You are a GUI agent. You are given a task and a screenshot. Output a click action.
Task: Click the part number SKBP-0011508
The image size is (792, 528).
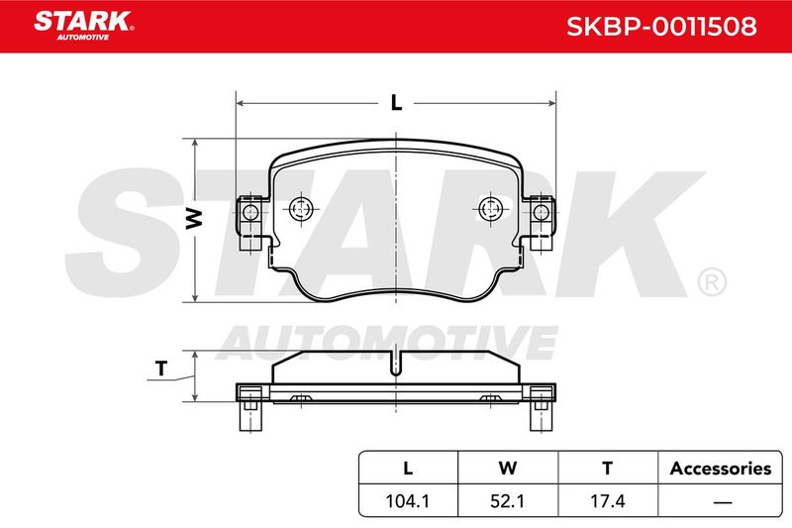tap(661, 27)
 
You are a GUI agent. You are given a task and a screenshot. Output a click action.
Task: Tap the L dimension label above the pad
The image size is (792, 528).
tap(397, 103)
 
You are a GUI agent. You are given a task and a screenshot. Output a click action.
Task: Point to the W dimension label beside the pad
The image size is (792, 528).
tap(194, 218)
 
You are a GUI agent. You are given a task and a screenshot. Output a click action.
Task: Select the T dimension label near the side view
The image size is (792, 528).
tap(161, 369)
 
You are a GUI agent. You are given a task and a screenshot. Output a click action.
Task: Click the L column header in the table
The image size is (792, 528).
tap(408, 468)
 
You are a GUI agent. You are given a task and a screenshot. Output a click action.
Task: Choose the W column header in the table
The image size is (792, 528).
tap(508, 468)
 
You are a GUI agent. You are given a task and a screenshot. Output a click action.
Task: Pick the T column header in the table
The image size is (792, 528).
tap(608, 468)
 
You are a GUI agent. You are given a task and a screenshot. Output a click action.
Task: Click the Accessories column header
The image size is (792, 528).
tap(721, 469)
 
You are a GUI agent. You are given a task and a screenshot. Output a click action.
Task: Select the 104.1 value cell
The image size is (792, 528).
tap(408, 500)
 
